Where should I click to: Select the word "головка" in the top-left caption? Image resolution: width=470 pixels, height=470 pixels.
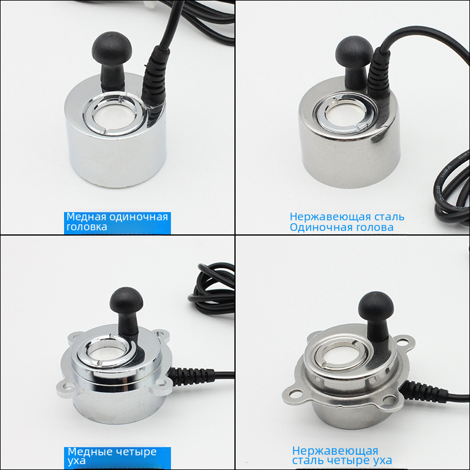point(86,227)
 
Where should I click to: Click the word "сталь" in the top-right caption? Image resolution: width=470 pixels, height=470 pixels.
point(388,217)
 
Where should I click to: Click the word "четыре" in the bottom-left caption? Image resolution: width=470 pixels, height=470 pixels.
point(136,452)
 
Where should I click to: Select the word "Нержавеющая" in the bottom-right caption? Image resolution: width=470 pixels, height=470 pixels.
point(335,451)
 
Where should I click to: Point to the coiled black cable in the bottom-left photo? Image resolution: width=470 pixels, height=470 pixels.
point(211,288)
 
